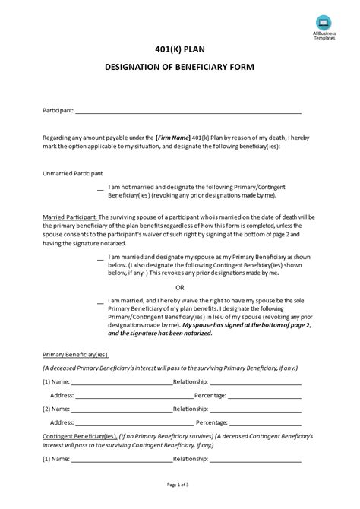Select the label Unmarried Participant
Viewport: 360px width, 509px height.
pyautogui.click(x=72, y=173)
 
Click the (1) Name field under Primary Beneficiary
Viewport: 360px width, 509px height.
pyautogui.click(x=112, y=381)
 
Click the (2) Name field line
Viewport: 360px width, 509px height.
pyautogui.click(x=112, y=409)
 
